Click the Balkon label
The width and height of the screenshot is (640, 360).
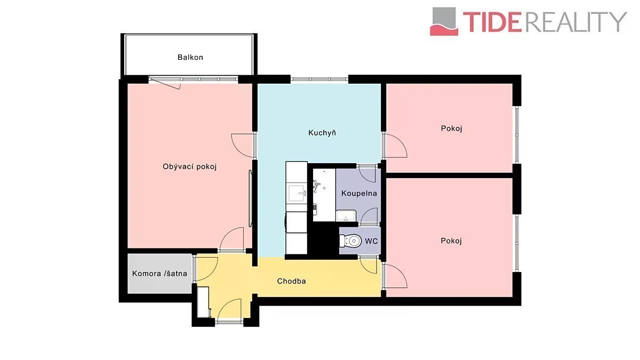190,58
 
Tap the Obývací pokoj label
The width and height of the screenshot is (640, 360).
190,166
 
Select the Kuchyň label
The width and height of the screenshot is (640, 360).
322,133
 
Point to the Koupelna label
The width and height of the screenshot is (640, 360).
359,194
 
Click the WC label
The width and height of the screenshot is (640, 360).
371,241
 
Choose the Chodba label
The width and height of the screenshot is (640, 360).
291,281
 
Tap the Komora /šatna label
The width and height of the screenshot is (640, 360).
159,274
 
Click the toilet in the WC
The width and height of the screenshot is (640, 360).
349,241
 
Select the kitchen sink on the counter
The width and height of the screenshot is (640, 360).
297,194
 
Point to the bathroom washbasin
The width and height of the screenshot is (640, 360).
346,215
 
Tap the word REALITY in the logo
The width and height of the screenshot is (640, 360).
575,22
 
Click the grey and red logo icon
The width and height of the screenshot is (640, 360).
444,22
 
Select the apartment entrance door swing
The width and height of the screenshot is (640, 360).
229,310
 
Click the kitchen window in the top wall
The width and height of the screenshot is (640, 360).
319,79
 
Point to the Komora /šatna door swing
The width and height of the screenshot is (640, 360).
206,269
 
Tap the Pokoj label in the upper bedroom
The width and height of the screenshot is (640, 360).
451,129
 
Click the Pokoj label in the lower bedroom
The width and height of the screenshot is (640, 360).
451,241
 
